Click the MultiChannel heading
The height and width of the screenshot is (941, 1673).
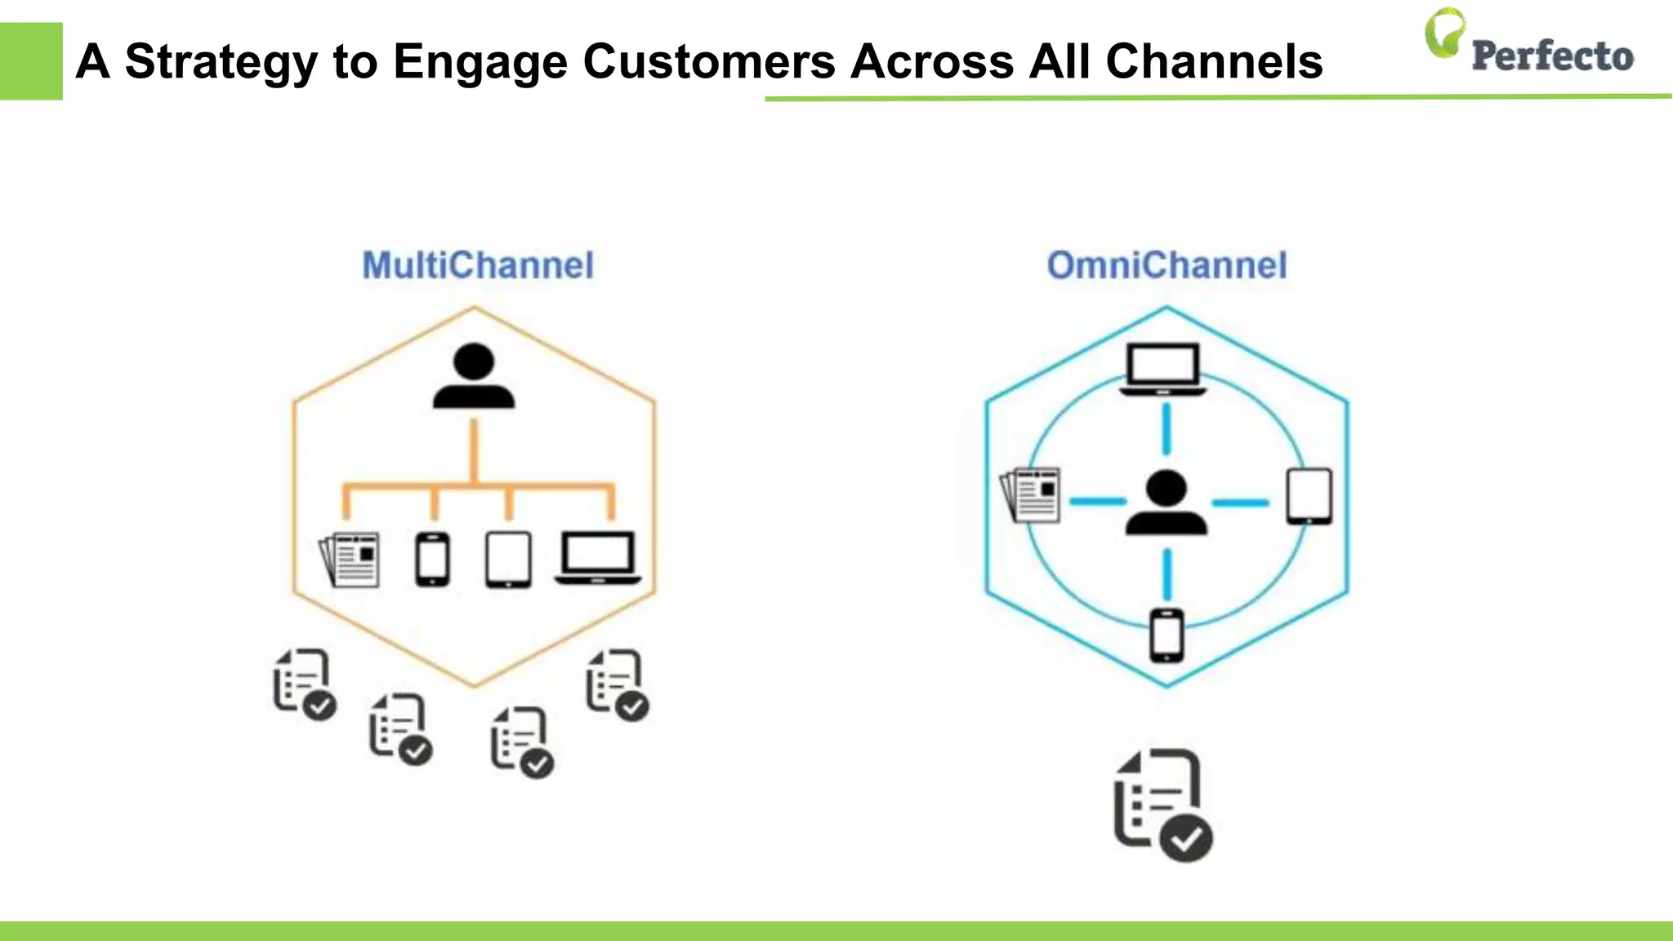pos(478,265)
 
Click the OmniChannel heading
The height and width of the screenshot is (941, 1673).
pos(1167,265)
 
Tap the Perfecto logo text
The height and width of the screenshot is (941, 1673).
pos(1552,56)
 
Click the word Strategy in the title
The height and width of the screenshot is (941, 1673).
pos(221,62)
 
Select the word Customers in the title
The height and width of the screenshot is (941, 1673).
pos(709,62)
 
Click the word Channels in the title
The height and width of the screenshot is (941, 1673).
pos(1214,62)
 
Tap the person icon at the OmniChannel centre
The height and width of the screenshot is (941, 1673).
pos(1166,502)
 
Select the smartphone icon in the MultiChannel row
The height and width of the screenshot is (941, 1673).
pos(432,560)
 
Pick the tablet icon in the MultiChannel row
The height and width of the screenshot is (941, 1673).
pos(508,560)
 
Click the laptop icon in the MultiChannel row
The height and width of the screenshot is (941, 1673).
pos(598,558)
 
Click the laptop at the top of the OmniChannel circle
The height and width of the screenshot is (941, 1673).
pos(1163,369)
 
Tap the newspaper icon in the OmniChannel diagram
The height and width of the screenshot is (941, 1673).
pos(1031,494)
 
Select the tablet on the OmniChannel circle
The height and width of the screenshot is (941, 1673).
pos(1309,496)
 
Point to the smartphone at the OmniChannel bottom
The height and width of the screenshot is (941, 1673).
pos(1167,636)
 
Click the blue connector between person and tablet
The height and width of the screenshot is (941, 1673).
pos(1240,503)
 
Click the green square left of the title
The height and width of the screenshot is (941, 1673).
pos(31,61)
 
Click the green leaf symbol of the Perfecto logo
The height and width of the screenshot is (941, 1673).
pos(1444,33)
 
